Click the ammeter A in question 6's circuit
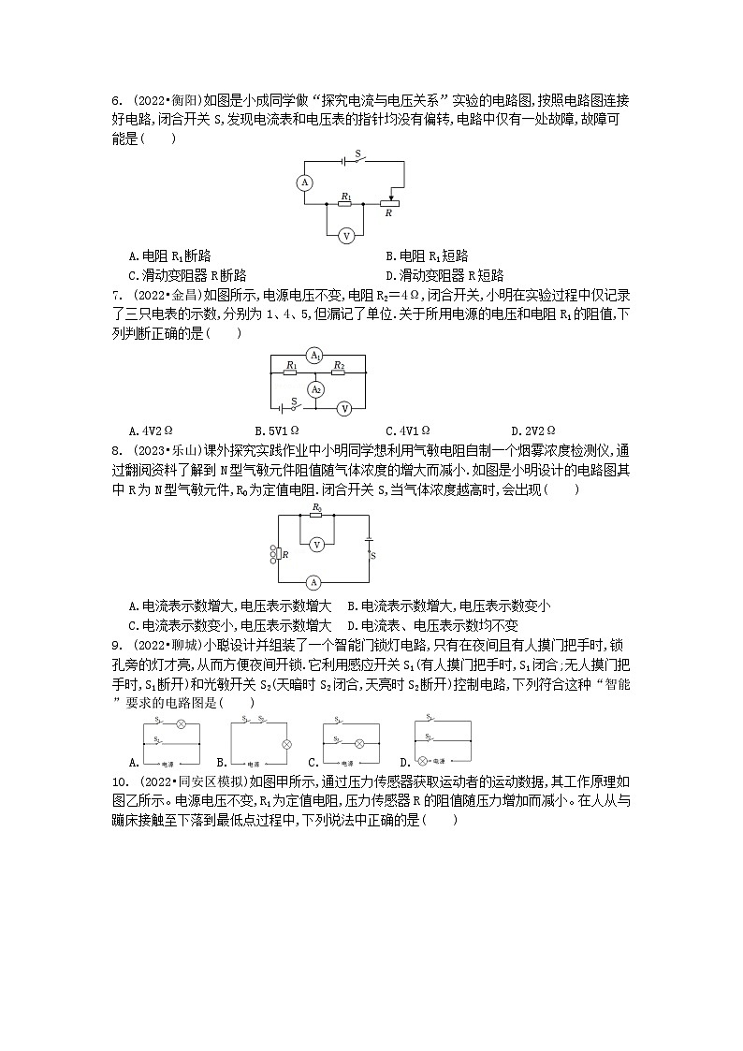point(304,182)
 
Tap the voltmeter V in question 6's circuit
point(345,235)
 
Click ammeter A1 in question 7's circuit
point(315,357)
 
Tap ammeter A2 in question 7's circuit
point(315,388)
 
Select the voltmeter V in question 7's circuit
point(344,408)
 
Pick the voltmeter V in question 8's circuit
point(316,544)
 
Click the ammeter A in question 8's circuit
point(316,581)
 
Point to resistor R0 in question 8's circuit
point(316,514)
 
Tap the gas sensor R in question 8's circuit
point(279,555)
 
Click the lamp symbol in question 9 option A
point(181,723)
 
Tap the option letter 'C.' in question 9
point(316,763)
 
